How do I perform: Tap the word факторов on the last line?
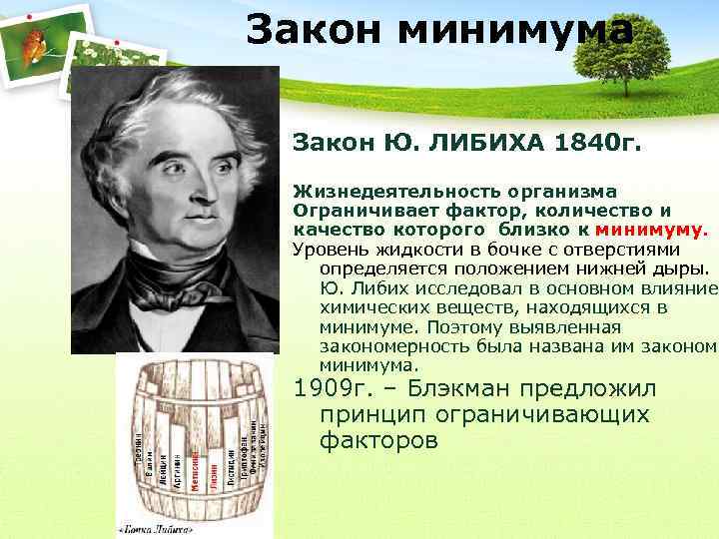(378, 439)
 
